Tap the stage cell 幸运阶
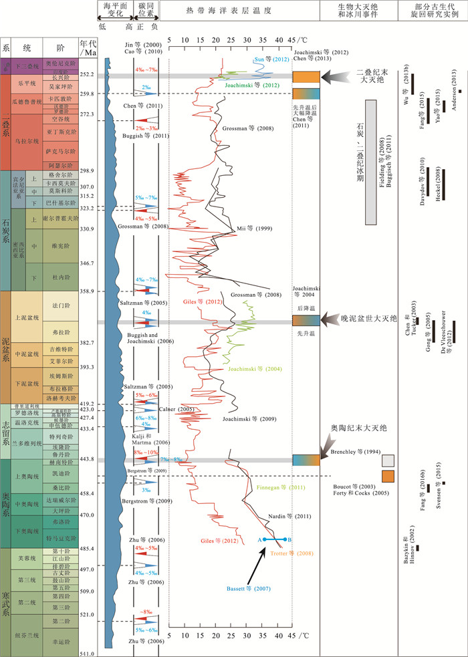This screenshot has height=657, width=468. pyautogui.click(x=61, y=640)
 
